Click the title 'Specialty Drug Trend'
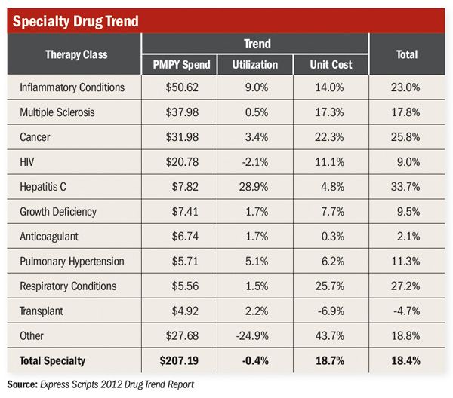coord(75,20)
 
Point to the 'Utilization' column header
coord(257,65)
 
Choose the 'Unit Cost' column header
coord(331,65)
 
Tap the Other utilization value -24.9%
coord(257,335)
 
